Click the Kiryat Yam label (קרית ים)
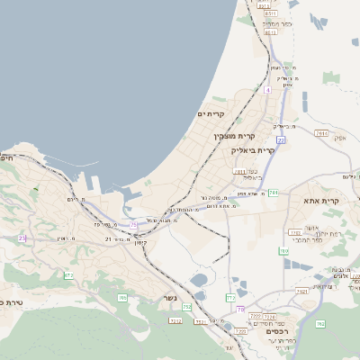[x=210, y=114]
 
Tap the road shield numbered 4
[x=267, y=90]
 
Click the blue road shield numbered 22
[x=281, y=140]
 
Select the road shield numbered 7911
[x=321, y=133]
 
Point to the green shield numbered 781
[x=273, y=192]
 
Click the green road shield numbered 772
[x=230, y=297]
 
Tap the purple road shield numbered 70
[x=240, y=309]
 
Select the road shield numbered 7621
[x=302, y=291]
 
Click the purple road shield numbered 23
[x=23, y=238]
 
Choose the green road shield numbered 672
[x=68, y=275]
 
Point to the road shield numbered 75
[x=134, y=224]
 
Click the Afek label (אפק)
[x=340, y=138]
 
